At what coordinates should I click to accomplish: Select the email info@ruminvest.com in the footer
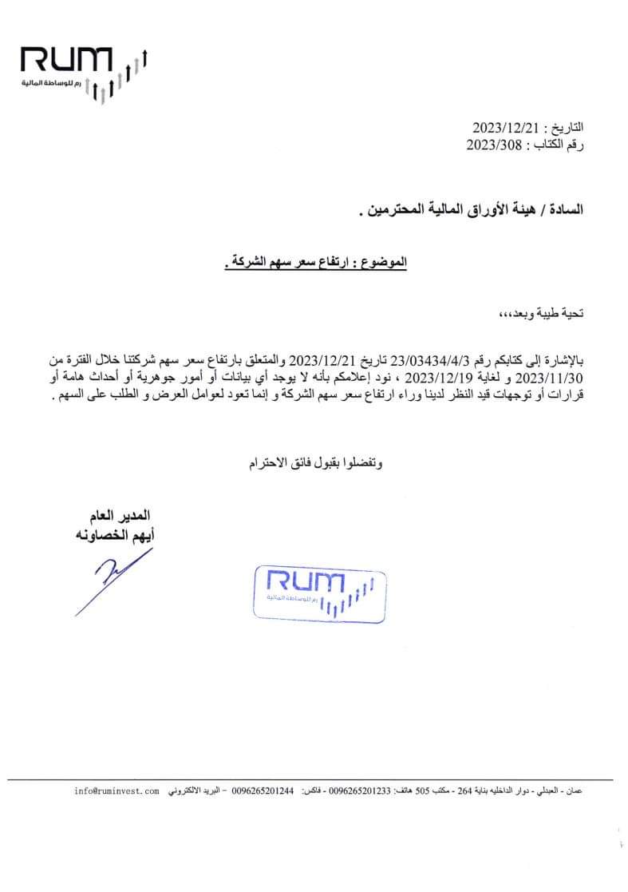click(x=117, y=791)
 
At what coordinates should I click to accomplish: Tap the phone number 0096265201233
click(x=360, y=791)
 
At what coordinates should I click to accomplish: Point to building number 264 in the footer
click(x=465, y=791)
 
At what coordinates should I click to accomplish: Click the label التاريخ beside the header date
click(x=566, y=128)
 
